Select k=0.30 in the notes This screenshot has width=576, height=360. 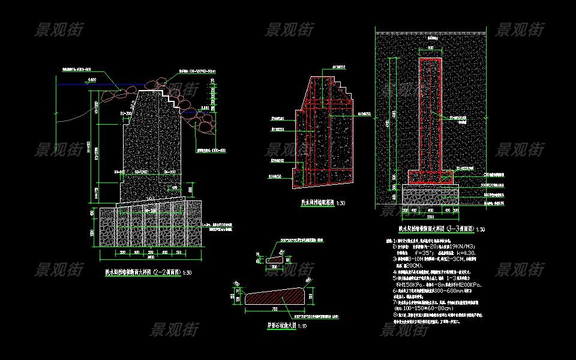coord(470,253)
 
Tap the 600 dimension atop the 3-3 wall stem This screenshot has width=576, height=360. coord(431,47)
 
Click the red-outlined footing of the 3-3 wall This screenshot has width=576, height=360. coord(431,177)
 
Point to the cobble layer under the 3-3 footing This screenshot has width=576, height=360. coord(431,195)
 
